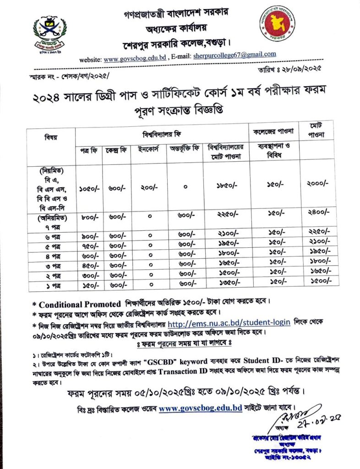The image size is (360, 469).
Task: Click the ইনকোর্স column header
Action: click(147, 149)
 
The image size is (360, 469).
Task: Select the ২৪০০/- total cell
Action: click(317, 213)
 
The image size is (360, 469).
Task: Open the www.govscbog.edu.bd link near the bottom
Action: click(200, 407)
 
